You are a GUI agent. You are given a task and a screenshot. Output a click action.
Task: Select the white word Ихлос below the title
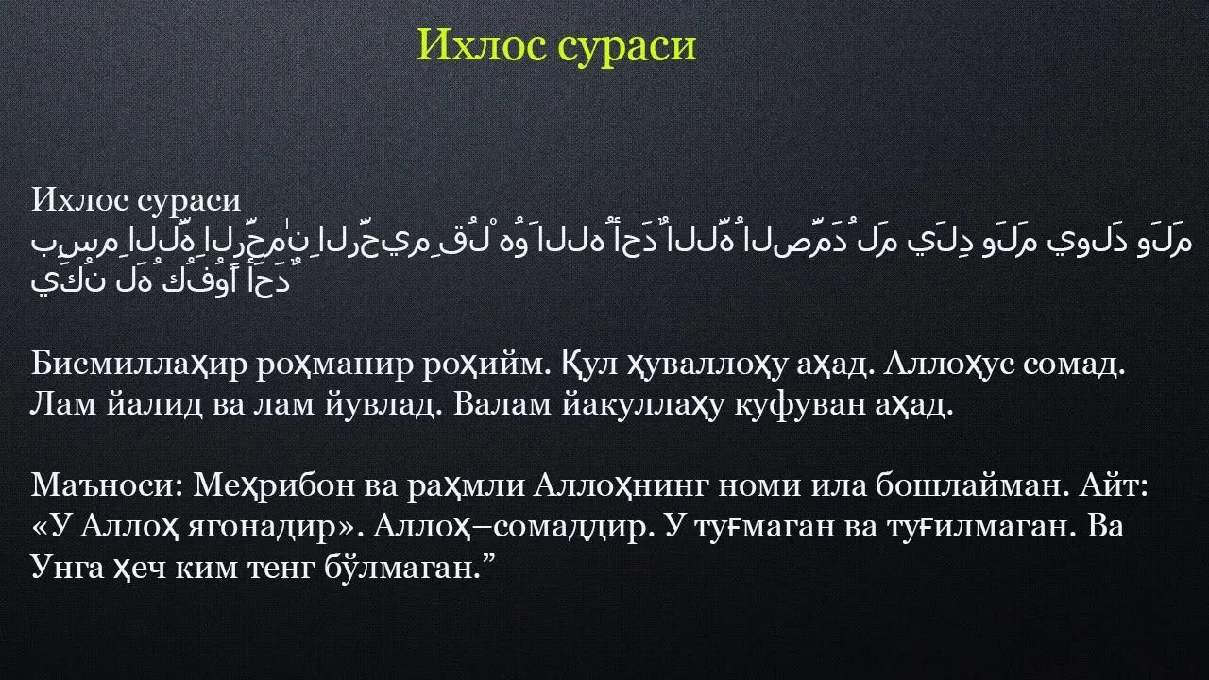tap(80, 199)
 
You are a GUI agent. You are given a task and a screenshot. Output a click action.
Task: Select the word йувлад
tap(381, 405)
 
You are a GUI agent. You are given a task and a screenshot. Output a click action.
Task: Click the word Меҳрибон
tap(274, 486)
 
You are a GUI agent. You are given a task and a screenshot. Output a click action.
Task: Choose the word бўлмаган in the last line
tap(402, 568)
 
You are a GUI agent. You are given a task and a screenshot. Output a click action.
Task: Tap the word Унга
tap(67, 569)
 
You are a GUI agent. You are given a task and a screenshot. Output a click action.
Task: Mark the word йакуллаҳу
tap(642, 406)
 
